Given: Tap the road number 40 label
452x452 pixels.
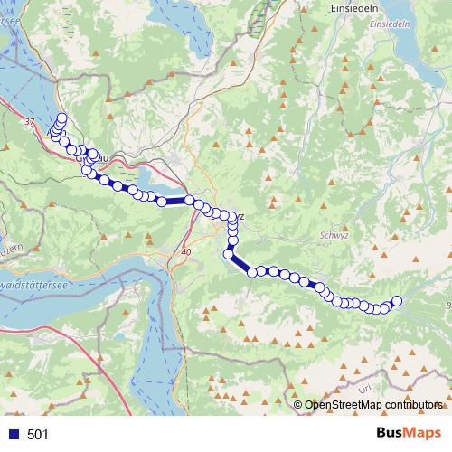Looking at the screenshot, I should [x=186, y=251].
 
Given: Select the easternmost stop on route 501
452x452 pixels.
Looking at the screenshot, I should [x=396, y=301].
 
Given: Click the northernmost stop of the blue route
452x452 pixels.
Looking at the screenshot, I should [x=62, y=118].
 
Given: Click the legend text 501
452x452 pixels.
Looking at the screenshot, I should [x=38, y=434].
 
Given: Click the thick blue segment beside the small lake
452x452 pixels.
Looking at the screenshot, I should [x=176, y=201].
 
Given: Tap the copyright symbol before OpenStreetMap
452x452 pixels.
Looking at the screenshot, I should [x=298, y=405].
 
